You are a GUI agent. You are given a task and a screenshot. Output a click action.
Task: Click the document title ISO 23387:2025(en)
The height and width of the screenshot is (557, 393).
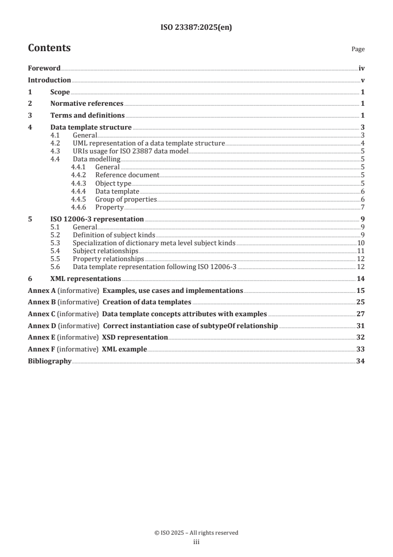pos(196,28)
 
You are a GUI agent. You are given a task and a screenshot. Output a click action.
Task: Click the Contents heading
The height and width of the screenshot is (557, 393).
pos(49,48)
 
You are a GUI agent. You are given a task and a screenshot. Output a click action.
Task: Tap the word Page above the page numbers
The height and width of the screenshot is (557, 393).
pos(358,49)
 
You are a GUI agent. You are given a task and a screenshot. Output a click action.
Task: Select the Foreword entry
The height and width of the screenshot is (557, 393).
pos(44,69)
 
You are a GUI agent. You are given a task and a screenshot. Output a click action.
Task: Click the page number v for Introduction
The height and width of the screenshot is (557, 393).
pos(363,80)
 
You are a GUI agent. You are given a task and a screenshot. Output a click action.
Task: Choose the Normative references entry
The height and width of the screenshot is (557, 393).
pos(87,104)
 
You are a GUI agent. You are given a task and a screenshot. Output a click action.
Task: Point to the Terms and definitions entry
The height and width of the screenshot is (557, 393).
pos(87,116)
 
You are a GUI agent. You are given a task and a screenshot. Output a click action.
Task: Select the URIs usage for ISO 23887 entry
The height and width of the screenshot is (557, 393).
pos(130,151)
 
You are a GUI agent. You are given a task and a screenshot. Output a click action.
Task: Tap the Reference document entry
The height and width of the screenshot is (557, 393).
pos(127,175)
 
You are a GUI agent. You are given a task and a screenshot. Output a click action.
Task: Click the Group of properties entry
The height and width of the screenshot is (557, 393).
pos(126,199)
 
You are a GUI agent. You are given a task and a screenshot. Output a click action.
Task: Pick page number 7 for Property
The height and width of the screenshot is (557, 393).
pos(363,207)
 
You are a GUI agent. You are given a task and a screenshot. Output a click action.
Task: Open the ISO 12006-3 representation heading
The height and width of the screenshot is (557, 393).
pos(97,219)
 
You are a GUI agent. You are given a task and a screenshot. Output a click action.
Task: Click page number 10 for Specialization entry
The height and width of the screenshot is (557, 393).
pos(361,243)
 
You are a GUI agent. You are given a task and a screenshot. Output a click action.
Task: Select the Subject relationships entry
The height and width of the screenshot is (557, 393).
pos(106,251)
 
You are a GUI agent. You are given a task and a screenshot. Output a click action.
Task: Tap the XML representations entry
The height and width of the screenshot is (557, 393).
pos(86,278)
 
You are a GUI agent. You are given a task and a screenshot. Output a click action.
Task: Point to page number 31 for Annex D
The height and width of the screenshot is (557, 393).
pos(361,326)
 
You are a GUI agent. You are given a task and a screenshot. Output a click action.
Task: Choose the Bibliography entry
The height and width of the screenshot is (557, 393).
pos(50,361)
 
